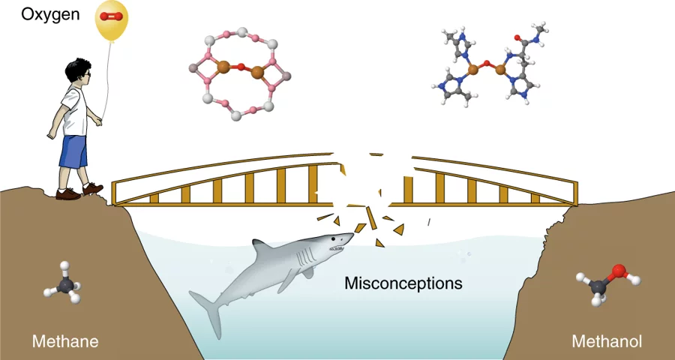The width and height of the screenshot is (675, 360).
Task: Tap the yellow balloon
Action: [x=112, y=21]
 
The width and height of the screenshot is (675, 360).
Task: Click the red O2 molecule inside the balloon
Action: [x=112, y=16]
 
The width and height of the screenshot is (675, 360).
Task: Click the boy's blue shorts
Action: [x=73, y=151]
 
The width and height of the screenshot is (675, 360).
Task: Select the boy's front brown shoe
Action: [x=92, y=189]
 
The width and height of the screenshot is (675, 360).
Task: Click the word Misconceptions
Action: [x=403, y=283]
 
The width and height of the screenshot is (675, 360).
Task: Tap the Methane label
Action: [x=64, y=342]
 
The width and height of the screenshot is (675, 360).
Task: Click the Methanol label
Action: [x=607, y=342]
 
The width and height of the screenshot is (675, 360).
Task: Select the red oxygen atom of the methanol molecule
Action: [x=618, y=271]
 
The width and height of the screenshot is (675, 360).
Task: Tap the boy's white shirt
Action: [x=74, y=109]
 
